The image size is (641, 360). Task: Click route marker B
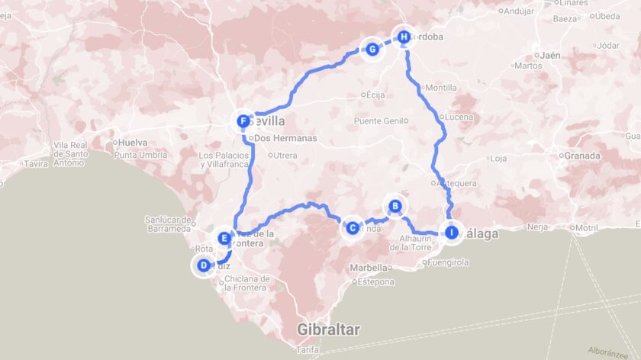tap(395, 205)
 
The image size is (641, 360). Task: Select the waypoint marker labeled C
tap(352, 227)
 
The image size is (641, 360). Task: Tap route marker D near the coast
tap(204, 265)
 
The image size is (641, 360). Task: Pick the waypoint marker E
tap(224, 238)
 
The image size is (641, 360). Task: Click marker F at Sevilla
tap(243, 121)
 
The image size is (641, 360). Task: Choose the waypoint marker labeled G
tap(372, 50)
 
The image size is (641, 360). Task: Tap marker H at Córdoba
tap(403, 36)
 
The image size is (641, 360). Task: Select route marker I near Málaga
tap(451, 233)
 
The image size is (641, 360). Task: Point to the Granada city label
tap(584, 156)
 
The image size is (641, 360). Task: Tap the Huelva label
tap(133, 142)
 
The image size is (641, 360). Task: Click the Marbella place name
tap(369, 268)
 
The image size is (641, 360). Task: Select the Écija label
tap(375, 95)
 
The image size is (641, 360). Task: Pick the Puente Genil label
tap(378, 121)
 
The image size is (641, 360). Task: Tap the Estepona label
tap(375, 282)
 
